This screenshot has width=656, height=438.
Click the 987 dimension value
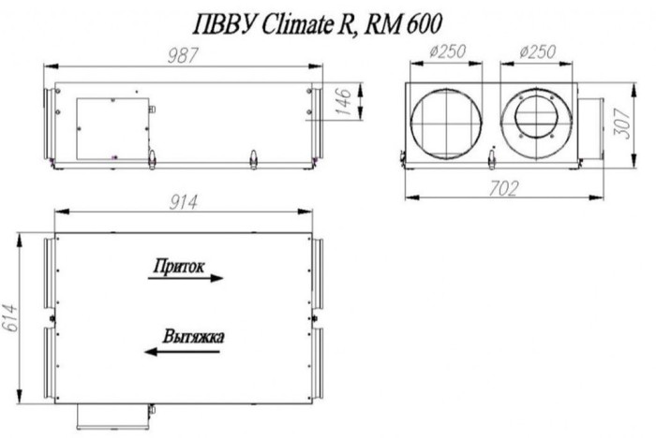coord(185,55)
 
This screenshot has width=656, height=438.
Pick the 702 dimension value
coord(503,188)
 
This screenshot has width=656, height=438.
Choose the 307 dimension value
coord(621,117)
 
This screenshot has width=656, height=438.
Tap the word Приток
coord(178,266)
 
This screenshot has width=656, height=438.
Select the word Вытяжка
coord(192,336)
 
